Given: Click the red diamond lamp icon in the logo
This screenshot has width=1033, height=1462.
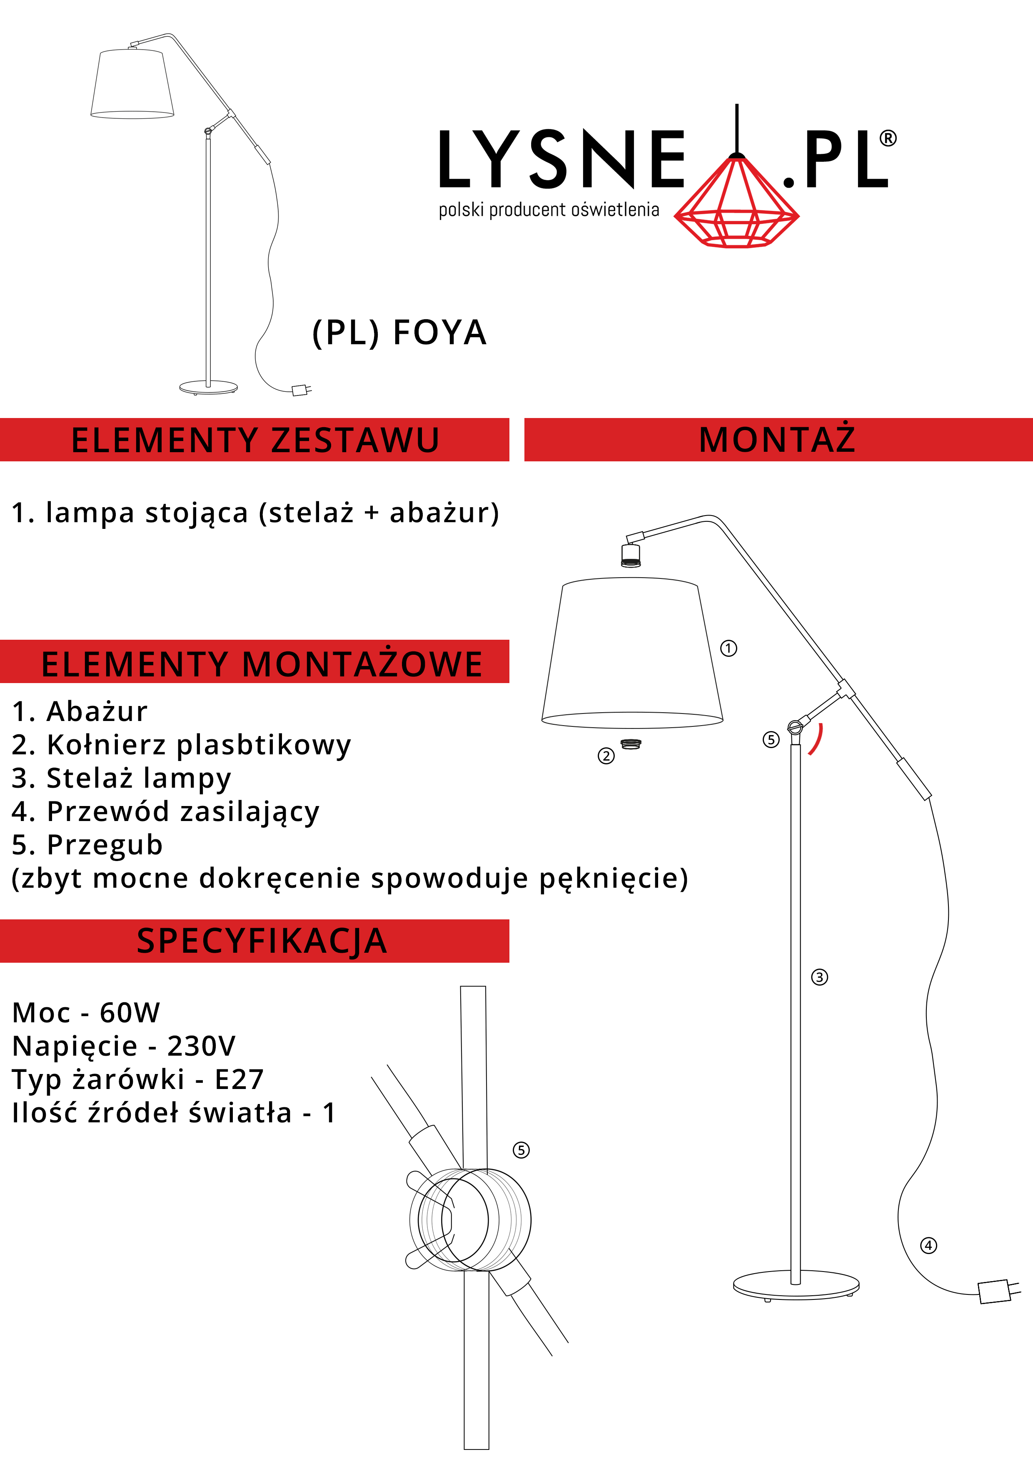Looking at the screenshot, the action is point(736,203).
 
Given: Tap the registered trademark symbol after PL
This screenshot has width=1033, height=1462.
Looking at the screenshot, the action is point(888,138).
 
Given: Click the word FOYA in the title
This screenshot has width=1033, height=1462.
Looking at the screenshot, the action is point(440,333).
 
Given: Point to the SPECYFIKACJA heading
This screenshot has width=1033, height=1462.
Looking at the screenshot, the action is point(262,941).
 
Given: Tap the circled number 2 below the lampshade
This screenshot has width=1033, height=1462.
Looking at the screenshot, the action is point(606,756).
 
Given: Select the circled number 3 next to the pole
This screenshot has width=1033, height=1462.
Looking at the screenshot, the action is point(819,977).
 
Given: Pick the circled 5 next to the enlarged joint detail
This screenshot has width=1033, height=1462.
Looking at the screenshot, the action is point(521,1150).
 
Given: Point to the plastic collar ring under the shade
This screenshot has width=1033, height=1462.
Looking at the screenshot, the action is point(631,744).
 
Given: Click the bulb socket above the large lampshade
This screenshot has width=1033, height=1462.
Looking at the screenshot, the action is point(631,555).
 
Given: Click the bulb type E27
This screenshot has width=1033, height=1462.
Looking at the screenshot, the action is point(240,1080).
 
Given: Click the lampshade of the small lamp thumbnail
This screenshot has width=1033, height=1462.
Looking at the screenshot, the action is point(132,83).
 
